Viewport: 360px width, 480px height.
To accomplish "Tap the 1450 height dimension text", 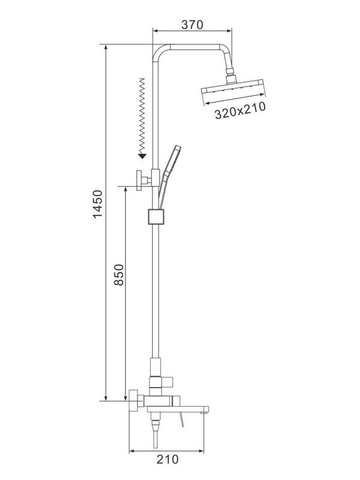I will click(98, 205).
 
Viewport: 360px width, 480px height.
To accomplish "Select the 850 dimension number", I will click(118, 277).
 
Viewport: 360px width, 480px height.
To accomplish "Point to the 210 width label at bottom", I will click(168, 460).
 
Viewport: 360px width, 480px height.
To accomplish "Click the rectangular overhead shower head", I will click(234, 92).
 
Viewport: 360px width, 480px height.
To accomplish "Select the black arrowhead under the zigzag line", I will click(142, 157).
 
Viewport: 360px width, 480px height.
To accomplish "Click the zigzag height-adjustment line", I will click(142, 114).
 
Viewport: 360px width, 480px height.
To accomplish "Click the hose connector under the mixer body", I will click(155, 428).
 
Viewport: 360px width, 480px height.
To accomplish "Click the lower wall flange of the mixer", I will click(133, 402).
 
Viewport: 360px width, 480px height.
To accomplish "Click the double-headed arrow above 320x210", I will click(234, 100).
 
